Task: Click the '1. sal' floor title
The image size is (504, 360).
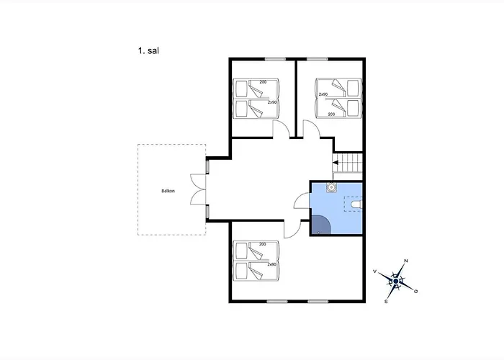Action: [148, 51]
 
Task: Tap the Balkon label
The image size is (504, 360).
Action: [168, 191]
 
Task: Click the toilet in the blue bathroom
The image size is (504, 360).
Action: [356, 204]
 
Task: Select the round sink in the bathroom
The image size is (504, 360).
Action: [331, 187]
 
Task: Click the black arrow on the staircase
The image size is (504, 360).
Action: [336, 163]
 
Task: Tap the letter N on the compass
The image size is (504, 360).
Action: [406, 261]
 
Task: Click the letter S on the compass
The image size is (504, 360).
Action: [386, 302]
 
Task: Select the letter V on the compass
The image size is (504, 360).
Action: [375, 271]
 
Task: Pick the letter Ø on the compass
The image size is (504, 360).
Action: [416, 291]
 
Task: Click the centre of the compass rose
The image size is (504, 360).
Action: [396, 282]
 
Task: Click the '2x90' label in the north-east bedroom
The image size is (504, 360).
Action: [323, 94]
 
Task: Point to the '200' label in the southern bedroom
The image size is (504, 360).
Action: [263, 244]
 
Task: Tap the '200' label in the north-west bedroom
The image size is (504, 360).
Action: [263, 82]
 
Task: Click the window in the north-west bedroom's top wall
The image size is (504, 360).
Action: [276, 59]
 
